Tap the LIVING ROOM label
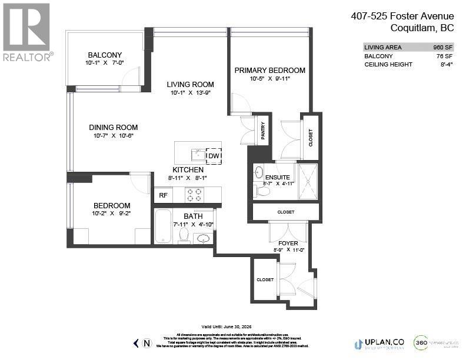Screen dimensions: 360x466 [190, 84]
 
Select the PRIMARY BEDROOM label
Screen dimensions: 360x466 [269, 70]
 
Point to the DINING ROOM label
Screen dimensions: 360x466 [114, 127]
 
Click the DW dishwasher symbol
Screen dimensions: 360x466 [214, 156]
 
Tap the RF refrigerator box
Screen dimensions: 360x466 [163, 195]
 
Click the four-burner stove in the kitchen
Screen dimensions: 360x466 [194, 195]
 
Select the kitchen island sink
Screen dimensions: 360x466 [198, 155]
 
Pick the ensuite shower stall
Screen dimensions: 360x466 [308, 181]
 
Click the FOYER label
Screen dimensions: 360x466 [288, 242]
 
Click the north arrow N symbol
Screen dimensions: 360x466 [147, 343]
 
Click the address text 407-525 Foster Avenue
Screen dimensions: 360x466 [402, 16]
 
